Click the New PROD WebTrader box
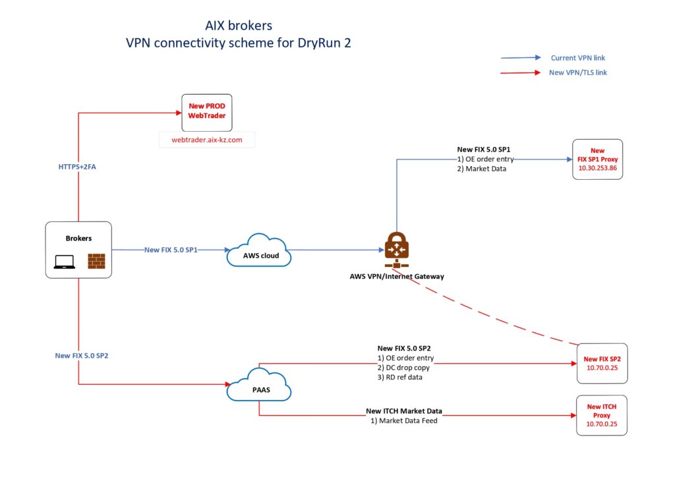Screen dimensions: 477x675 pos(207,111)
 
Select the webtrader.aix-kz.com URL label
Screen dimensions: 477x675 pos(207,140)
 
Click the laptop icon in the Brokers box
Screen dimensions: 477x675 pos(64,262)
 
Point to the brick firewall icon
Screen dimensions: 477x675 pos(96,261)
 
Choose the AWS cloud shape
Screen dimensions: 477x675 pos(259,250)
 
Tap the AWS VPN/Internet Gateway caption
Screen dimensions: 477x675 pos(396,276)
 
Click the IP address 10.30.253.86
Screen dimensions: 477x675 pos(597,168)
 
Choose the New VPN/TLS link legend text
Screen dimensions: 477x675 pos(577,72)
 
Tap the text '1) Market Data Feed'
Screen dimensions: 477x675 pos(404,420)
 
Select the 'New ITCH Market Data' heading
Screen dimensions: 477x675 pos(403,411)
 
